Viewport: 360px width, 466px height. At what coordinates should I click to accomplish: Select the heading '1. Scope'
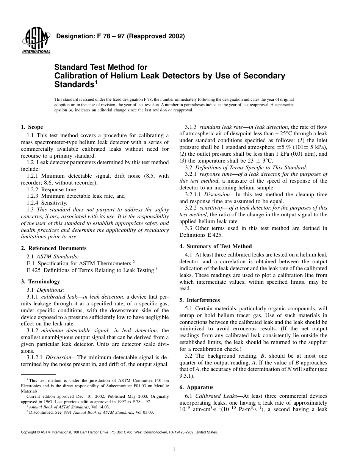[32, 127]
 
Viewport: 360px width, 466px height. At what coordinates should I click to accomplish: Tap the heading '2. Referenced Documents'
[53, 249]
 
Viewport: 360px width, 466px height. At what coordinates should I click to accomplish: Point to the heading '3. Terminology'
[40, 282]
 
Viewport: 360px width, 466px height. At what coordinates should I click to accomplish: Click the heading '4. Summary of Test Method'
[216, 246]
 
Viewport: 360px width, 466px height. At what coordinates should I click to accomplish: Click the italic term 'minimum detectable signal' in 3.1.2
[71, 331]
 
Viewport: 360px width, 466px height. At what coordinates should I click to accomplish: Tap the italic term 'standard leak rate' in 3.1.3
[218, 127]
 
